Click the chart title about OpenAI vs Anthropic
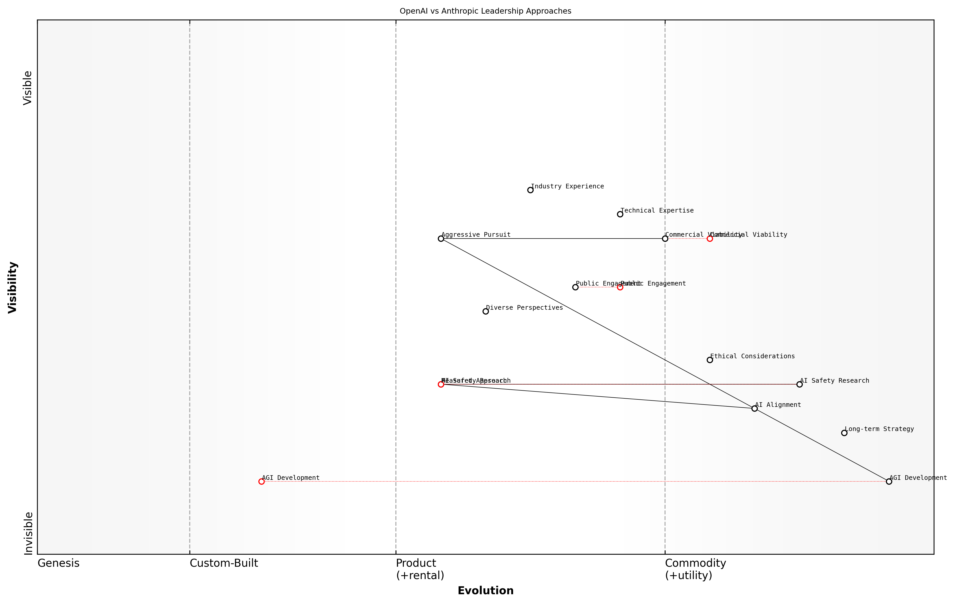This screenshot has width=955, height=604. (x=485, y=11)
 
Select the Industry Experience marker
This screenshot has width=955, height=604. (x=530, y=190)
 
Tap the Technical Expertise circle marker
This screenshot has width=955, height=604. (x=620, y=214)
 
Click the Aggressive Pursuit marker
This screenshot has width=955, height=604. (x=441, y=238)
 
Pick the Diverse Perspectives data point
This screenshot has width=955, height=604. (x=485, y=311)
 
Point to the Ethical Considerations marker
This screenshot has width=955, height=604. (x=710, y=360)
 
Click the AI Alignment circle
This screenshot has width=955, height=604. (x=754, y=408)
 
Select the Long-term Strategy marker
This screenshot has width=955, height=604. (x=844, y=433)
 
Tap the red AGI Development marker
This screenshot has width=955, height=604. (x=261, y=481)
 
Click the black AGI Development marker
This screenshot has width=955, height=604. (x=889, y=481)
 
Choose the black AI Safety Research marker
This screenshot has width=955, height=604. (x=799, y=384)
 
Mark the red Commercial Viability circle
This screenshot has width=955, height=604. (x=710, y=238)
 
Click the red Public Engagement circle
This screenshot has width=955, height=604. (x=620, y=287)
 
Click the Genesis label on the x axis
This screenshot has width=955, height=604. (x=58, y=563)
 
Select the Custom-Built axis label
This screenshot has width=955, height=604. (x=224, y=563)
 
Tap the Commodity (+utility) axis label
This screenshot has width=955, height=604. (x=695, y=569)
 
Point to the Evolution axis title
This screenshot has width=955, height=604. (x=485, y=591)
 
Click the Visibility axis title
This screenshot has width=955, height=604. (x=13, y=287)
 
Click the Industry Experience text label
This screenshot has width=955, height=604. (x=567, y=186)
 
